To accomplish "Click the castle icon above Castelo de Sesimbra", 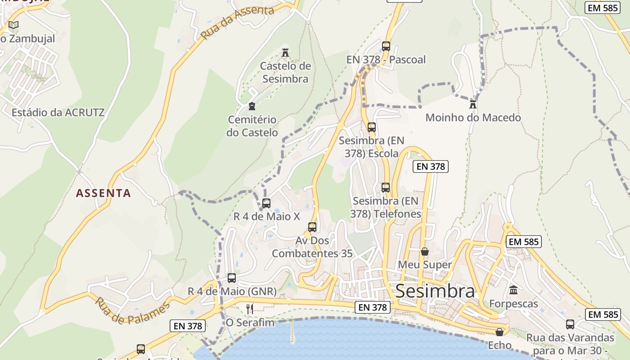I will click(285, 53).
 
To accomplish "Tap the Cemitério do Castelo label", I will click(252, 126).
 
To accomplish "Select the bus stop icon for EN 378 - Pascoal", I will click(386, 46).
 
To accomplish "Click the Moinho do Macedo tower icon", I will click(473, 104).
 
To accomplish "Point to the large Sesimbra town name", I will click(435, 291).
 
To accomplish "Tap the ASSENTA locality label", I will click(103, 193).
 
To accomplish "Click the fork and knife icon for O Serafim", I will click(250, 309).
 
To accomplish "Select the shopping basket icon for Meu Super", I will click(424, 251).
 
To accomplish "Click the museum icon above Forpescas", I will click(513, 290).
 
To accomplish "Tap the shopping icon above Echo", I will click(499, 332).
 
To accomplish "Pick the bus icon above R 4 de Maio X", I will click(266, 203).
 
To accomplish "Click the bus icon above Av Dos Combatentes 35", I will click(312, 227).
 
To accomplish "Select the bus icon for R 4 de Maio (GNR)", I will click(232, 278).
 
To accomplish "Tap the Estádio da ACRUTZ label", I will click(58, 112).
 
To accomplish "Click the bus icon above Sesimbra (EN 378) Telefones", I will click(386, 187).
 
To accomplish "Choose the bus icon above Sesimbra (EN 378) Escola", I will click(371, 127).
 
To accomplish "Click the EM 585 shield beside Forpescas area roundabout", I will click(523, 242).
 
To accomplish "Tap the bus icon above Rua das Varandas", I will click(570, 324).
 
